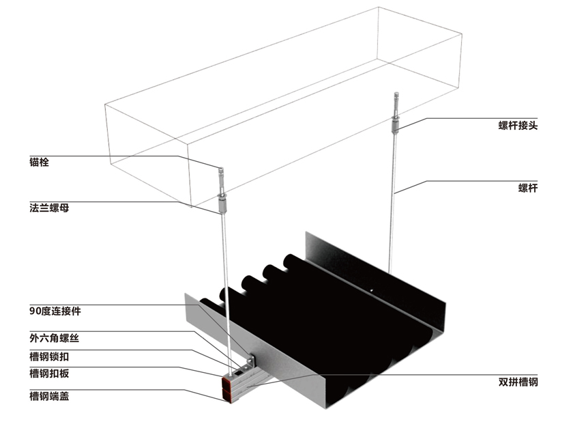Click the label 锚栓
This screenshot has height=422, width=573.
click(39, 162)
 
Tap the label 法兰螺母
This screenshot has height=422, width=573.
click(49, 208)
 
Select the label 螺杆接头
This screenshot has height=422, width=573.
click(518, 126)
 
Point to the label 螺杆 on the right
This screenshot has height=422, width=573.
click(528, 188)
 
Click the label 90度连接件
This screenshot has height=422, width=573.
click(55, 311)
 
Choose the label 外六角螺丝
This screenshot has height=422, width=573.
click(54, 338)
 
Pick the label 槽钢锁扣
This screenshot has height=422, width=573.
click(49, 356)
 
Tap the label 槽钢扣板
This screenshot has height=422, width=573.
click(49, 374)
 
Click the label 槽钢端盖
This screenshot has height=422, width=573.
click(49, 396)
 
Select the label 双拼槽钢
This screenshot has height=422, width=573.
click(518, 382)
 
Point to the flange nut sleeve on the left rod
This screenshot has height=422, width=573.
click(222, 204)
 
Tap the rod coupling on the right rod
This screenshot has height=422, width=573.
click(395, 125)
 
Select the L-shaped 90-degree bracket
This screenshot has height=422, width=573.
click(249, 361)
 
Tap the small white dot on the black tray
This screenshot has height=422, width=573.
click(372, 291)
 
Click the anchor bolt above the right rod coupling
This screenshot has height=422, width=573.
click(396, 104)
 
